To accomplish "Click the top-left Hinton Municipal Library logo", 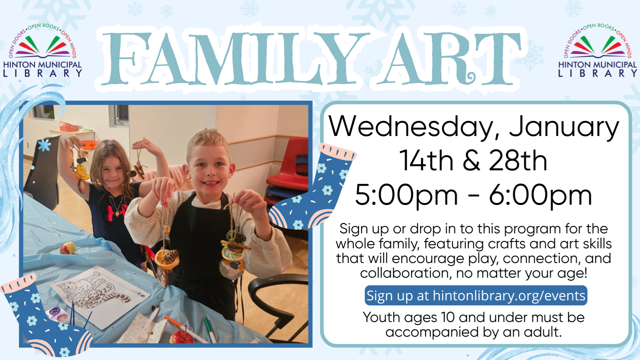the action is point(43,50).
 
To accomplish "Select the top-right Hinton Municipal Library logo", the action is point(598,50).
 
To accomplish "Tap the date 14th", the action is point(426,160).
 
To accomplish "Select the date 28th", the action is point(518,160).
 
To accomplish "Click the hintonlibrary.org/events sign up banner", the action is point(476,295).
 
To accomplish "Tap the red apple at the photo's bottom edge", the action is point(182,336).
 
